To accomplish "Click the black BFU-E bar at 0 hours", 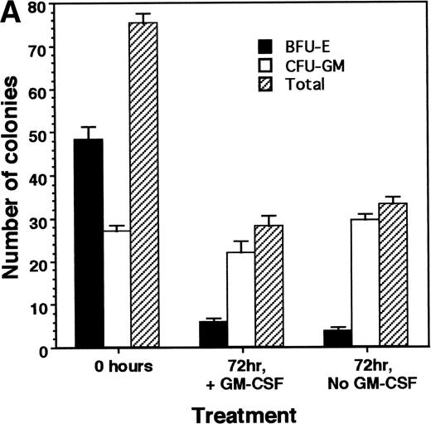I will click(x=88, y=242).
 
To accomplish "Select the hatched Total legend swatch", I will click(x=264, y=83).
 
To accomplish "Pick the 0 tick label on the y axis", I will click(x=40, y=348).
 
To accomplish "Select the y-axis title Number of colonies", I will click(x=14, y=178).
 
